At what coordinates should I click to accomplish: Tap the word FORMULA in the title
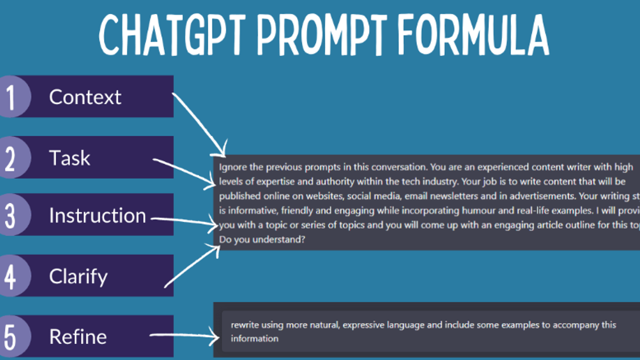point(473,35)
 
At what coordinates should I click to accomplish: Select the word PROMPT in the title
point(322,35)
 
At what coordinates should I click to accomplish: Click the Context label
point(85,97)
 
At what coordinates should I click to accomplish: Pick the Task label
point(70,158)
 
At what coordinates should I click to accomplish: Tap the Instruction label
point(97,216)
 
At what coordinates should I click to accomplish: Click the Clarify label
point(78,277)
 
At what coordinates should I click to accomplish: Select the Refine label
point(78,337)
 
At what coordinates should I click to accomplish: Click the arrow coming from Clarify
point(192,267)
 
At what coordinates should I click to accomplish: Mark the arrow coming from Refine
point(183,335)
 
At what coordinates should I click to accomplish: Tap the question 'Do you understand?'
point(262,240)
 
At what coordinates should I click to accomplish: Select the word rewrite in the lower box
point(245,325)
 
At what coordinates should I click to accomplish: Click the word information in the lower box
point(255,339)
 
